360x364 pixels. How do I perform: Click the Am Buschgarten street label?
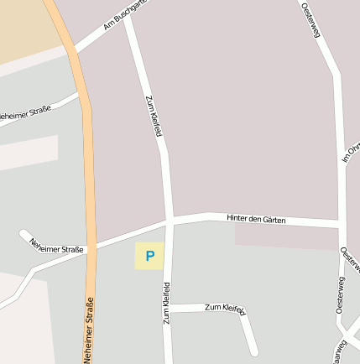[124, 13]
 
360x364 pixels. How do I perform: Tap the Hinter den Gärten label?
[256, 220]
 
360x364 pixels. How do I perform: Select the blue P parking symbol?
[150, 256]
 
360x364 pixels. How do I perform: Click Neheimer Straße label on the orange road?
[88, 330]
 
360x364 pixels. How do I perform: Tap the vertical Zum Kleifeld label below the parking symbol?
[166, 302]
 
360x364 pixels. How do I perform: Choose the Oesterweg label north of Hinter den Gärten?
[310, 18]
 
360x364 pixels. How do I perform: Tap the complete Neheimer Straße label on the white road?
[56, 245]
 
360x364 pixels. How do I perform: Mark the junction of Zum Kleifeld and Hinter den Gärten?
[170, 221]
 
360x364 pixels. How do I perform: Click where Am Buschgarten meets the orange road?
[73, 49]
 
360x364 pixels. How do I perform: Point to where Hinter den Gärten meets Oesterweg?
[340, 225]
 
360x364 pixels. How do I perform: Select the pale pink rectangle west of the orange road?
[29, 153]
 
